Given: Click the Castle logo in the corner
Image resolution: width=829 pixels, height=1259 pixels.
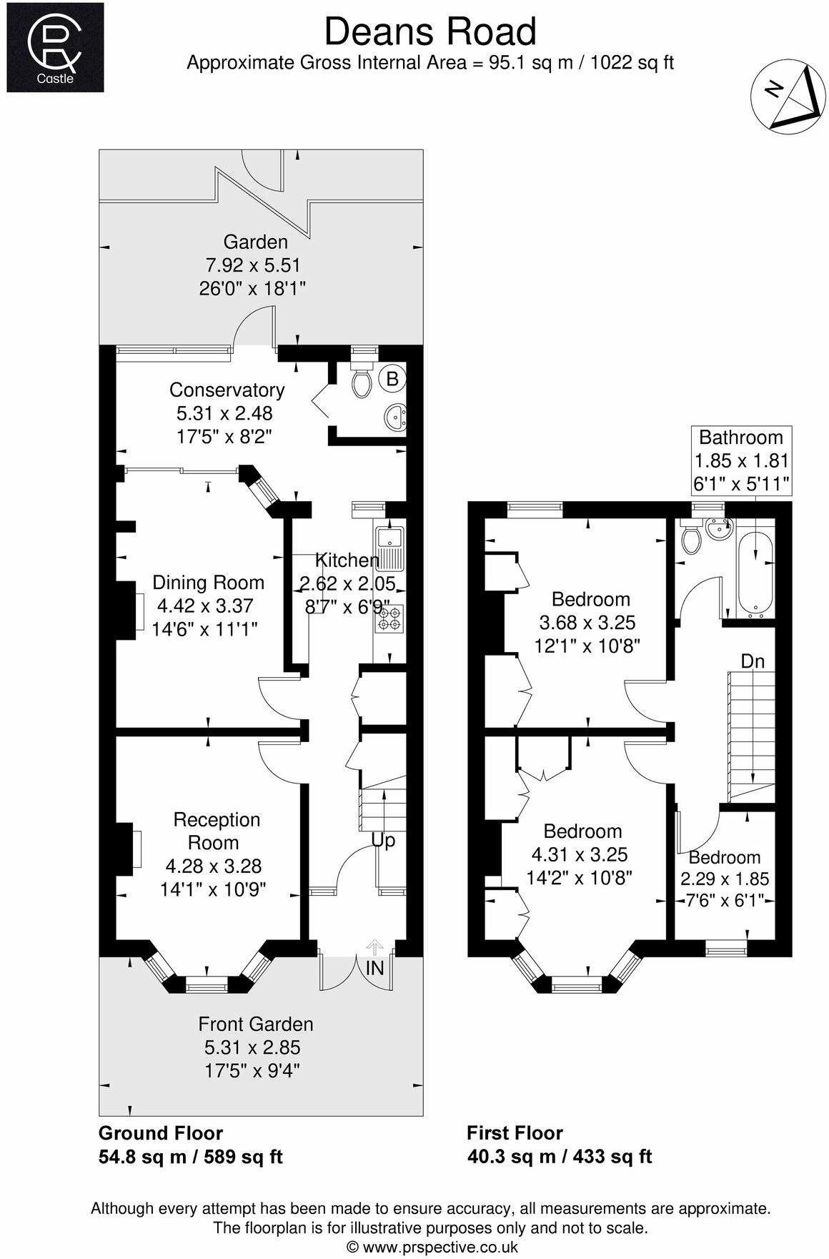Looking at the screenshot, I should click(55, 47).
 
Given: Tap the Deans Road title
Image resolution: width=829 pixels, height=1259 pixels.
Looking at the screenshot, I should click(430, 32).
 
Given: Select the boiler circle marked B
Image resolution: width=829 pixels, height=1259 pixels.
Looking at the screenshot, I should click(392, 379).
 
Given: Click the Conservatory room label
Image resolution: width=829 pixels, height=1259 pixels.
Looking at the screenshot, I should click(227, 390).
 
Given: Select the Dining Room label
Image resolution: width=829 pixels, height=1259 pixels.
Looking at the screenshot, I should click(208, 583).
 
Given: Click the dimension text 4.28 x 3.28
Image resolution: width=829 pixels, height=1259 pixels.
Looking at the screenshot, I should click(213, 867).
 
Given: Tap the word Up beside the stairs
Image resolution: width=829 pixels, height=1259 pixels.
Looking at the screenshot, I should click(383, 841).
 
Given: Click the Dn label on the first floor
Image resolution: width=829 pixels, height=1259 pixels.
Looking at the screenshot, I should click(752, 661).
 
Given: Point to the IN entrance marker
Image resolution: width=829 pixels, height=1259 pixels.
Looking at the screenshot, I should click(374, 968).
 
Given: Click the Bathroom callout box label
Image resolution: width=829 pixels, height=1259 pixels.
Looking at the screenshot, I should click(740, 438).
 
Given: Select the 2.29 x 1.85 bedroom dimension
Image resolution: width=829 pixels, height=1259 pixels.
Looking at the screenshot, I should click(724, 879).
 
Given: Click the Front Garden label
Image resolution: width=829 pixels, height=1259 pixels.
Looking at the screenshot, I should click(255, 1024).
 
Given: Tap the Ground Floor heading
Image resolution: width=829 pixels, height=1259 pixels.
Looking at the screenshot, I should click(160, 1133).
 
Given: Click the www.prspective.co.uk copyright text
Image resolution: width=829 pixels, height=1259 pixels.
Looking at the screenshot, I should click(431, 1247).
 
